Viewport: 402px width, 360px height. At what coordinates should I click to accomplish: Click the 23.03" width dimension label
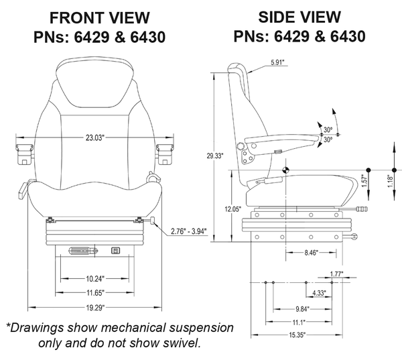coord(94,138)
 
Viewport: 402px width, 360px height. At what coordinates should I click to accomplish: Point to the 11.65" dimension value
coord(94,293)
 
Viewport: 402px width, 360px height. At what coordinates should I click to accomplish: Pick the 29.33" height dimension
coord(216,156)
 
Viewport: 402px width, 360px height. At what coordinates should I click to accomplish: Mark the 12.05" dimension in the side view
coord(232,209)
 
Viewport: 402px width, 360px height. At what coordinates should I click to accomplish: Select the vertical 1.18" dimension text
coord(391,181)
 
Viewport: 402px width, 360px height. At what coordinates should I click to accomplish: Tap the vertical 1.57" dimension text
coord(364,180)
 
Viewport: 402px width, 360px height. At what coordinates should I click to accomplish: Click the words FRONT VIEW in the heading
coord(100,17)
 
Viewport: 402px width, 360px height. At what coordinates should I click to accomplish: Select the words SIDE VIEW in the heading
coord(299,15)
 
